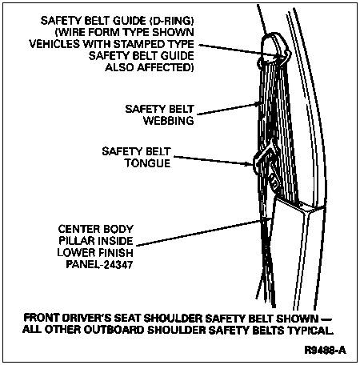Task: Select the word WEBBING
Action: [169, 121]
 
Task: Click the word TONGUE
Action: [147, 163]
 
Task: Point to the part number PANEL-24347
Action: [99, 265]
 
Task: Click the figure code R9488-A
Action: [326, 350]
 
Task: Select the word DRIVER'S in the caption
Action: [86, 319]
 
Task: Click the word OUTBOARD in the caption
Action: [114, 330]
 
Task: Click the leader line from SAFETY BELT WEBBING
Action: [228, 110]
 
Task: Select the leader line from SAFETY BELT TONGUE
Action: [214, 161]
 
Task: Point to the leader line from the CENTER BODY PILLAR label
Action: [198, 232]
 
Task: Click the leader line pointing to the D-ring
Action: [238, 50]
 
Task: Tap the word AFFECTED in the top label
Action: [166, 67]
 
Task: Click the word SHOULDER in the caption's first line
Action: [172, 319]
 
